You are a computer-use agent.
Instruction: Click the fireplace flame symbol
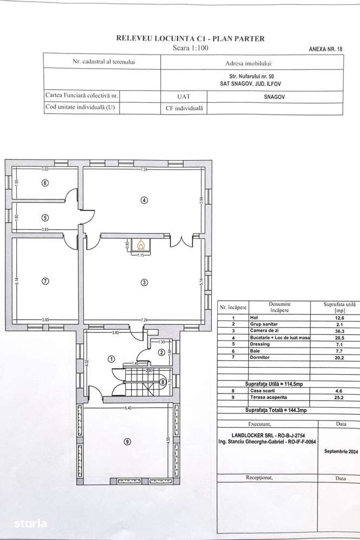(142, 244)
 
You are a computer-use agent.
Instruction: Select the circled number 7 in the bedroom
(45, 281)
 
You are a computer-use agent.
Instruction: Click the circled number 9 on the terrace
(127, 442)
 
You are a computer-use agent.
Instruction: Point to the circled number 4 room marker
(144, 199)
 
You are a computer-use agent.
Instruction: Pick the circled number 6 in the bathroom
(45, 183)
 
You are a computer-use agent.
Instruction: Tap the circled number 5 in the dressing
(45, 218)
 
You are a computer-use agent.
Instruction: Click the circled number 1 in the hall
(111, 358)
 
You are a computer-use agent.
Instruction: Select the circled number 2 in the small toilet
(161, 352)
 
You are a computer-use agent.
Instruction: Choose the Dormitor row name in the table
(259, 357)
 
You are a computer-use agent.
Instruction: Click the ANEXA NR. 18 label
(325, 49)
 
